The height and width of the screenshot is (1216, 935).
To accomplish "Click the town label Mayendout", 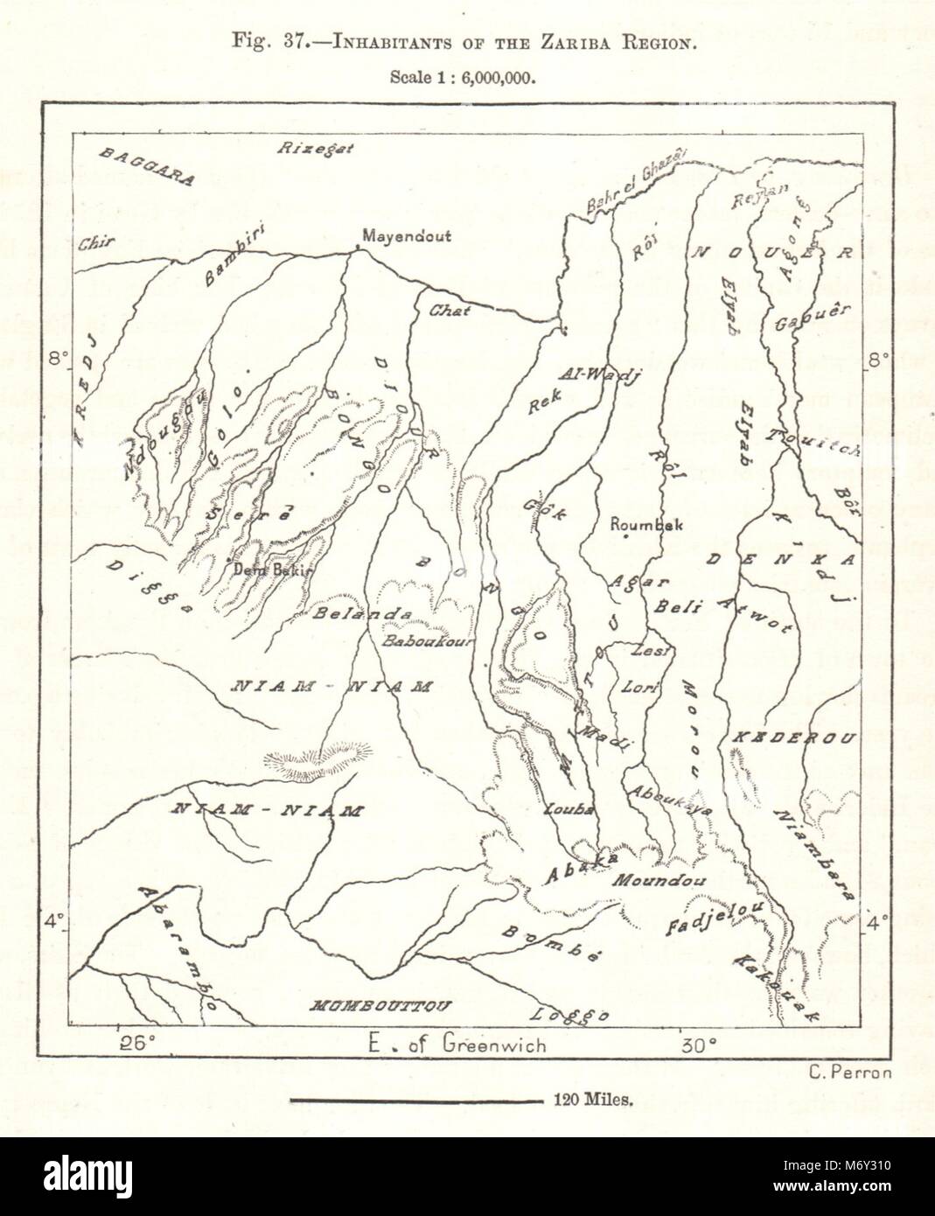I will tap(407, 236).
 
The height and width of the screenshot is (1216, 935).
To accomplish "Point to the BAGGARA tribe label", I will tap(147, 166).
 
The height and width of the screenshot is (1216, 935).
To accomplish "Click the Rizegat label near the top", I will tap(316, 148).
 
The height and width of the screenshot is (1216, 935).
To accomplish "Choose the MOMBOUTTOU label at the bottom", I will tap(381, 1006).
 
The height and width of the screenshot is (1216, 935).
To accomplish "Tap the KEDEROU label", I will tap(792, 738).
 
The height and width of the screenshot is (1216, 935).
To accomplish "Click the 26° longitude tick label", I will tap(138, 1042).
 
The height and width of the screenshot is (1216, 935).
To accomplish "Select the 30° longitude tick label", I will tap(699, 1044).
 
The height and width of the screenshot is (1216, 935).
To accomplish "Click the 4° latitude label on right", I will tap(877, 920).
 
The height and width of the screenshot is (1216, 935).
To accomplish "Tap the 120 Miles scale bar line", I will tap(415, 1101).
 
